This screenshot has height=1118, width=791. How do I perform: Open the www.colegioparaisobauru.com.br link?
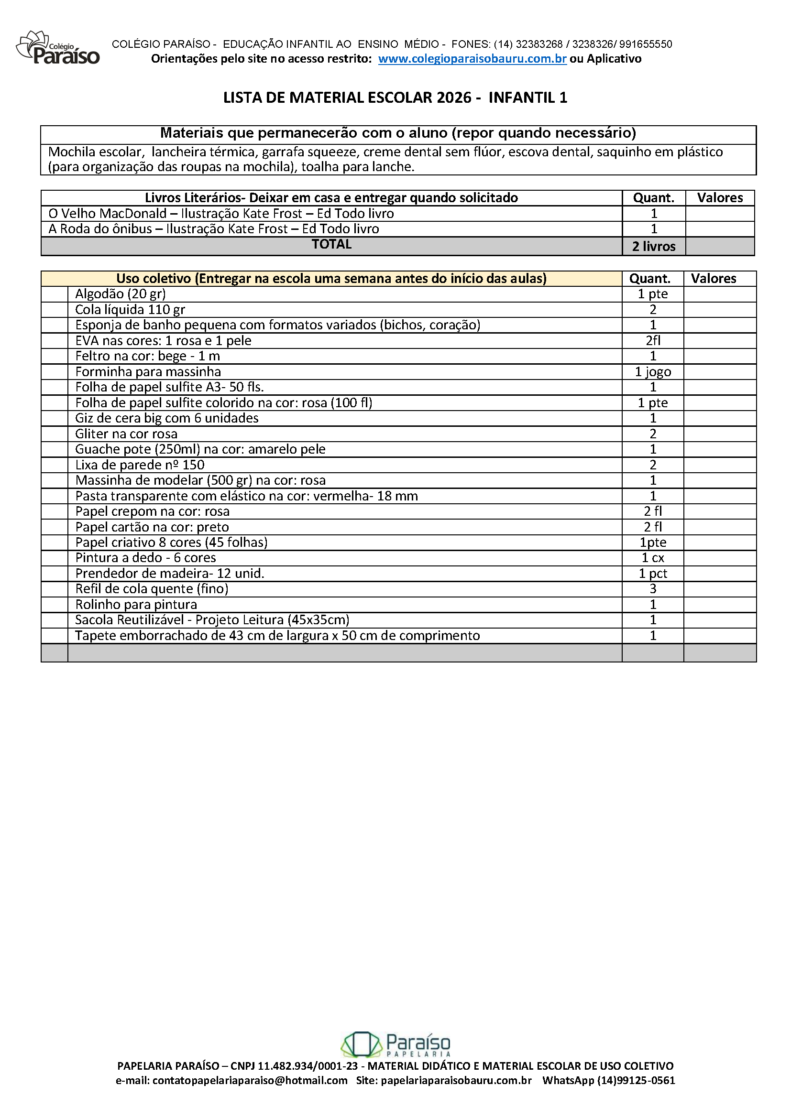click(472, 59)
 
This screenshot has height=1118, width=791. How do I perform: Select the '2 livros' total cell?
click(653, 246)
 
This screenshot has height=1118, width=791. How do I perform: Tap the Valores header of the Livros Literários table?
click(719, 198)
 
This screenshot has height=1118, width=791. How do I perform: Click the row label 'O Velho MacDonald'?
click(107, 214)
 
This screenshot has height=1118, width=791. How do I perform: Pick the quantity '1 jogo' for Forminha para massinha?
click(653, 372)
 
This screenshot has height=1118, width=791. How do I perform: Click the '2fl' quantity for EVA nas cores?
click(653, 341)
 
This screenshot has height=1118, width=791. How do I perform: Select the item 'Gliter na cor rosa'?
click(126, 434)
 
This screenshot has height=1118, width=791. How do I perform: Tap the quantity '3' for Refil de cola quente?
click(653, 589)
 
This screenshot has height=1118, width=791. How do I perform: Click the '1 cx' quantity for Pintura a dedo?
click(653, 558)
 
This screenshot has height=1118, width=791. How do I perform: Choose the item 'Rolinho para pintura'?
click(136, 605)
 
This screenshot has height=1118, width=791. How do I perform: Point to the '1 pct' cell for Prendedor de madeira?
click(653, 574)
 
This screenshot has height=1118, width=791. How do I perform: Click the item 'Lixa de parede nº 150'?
click(140, 465)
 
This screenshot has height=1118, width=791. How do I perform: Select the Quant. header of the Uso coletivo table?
click(650, 279)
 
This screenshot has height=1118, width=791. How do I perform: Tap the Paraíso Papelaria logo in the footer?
click(395, 1044)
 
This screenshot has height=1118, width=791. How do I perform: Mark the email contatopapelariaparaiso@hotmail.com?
click(250, 1081)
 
